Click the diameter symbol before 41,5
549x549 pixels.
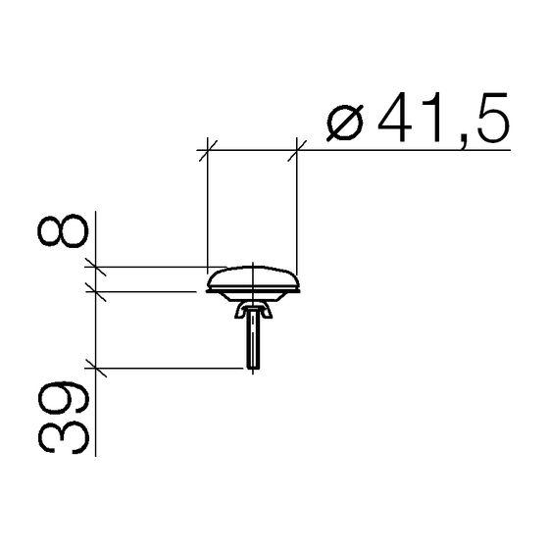345,123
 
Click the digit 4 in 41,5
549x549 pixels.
395,118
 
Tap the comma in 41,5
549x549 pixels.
463,143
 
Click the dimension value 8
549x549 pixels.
63,231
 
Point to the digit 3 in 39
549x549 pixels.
64,438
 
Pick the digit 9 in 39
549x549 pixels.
64,398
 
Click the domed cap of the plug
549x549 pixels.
253,277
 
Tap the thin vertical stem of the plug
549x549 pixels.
253,338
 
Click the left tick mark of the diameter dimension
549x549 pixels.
208,151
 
